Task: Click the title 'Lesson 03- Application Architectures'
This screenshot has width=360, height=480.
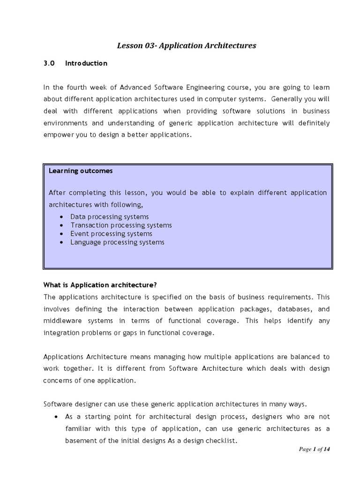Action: pyautogui.click(x=186, y=45)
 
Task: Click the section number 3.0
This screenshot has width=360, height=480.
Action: pyautogui.click(x=49, y=63)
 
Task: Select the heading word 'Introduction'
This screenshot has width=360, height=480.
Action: pyautogui.click(x=86, y=63)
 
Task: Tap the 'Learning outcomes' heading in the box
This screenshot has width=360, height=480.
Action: pyautogui.click(x=81, y=171)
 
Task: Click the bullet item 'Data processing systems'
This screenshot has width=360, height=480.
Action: pyautogui.click(x=109, y=217)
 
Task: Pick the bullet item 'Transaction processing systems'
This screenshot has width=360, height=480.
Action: pyautogui.click(x=121, y=225)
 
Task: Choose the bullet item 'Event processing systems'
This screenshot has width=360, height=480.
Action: pyautogui.click(x=111, y=233)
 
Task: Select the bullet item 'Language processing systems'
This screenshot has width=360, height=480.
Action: pyautogui.click(x=117, y=242)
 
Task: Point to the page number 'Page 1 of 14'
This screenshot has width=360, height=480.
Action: pyautogui.click(x=315, y=449)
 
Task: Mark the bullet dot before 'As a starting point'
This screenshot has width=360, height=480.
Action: pyautogui.click(x=56, y=417)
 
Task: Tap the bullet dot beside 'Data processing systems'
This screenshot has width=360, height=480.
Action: pyautogui.click(x=62, y=217)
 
